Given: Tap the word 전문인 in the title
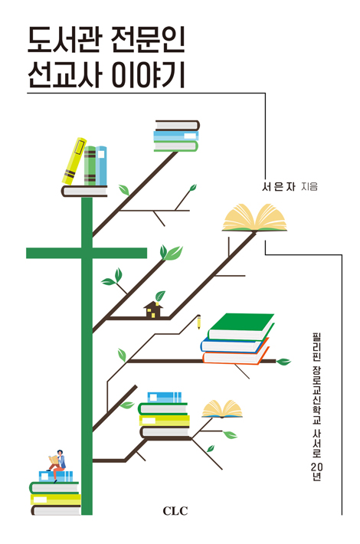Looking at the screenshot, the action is click(x=148, y=41).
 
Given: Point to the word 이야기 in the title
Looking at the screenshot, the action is click(x=147, y=74).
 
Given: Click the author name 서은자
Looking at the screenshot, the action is click(x=279, y=187).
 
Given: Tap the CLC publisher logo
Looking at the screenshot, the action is click(x=175, y=511).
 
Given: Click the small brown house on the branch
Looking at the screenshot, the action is click(x=153, y=310).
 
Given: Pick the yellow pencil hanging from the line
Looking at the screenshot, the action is click(x=198, y=322).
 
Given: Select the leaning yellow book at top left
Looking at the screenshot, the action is click(x=74, y=162).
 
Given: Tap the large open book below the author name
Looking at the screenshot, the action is click(x=254, y=218).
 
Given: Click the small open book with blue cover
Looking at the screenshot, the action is click(x=222, y=408).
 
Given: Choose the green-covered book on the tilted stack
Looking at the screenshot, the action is click(x=242, y=326).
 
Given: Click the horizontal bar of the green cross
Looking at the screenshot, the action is click(x=87, y=253).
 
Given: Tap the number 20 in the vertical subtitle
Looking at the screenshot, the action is click(x=316, y=466).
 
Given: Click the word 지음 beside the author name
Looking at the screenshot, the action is click(x=309, y=187).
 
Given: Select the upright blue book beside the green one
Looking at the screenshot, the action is click(x=101, y=165).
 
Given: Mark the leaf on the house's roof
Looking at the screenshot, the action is click(x=160, y=296).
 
